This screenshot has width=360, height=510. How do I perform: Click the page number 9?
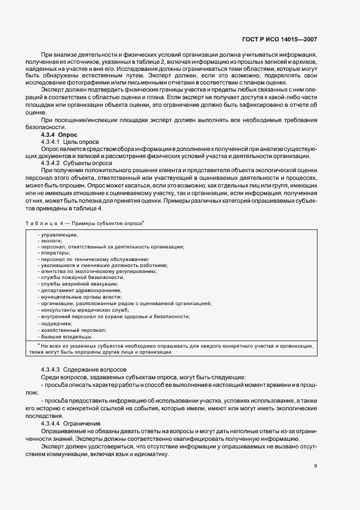[315, 466]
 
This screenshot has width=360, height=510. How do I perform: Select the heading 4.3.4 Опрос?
[59, 134]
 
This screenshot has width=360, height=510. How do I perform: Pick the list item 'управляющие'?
[58, 235]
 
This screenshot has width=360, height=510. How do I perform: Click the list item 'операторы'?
[54, 253]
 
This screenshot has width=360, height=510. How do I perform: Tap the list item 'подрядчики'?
[55, 323]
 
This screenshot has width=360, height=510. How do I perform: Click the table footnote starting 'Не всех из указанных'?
[174, 349]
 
